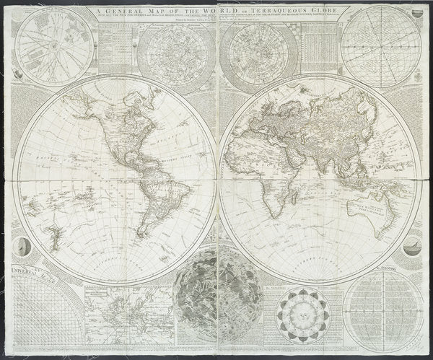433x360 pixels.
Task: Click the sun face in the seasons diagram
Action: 302,316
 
